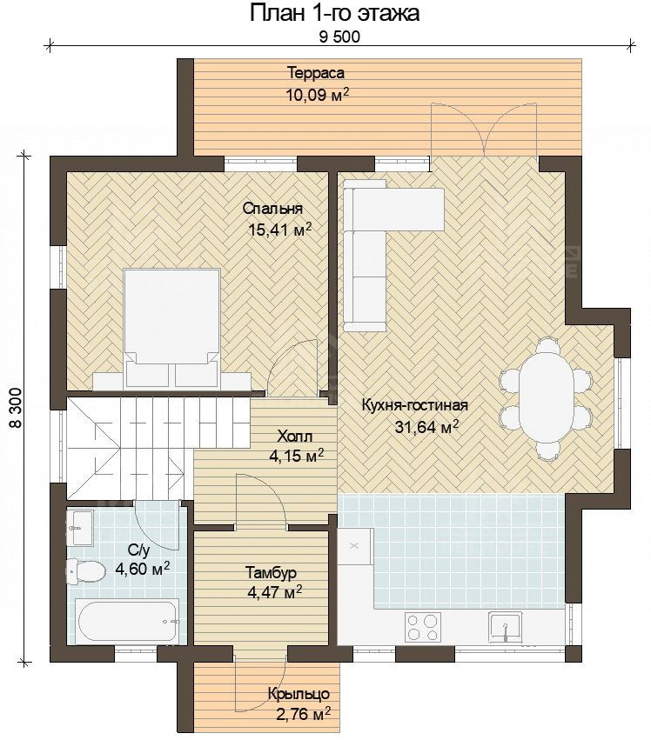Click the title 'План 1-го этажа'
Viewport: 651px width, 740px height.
pyautogui.click(x=334, y=13)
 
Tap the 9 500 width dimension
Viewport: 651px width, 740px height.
pyautogui.click(x=339, y=37)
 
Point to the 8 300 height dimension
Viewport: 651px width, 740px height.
pyautogui.click(x=15, y=408)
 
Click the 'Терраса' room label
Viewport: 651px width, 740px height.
pyautogui.click(x=316, y=73)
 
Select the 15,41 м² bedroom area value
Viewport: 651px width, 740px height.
pyautogui.click(x=279, y=230)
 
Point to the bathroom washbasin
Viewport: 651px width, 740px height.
pyautogui.click(x=79, y=527)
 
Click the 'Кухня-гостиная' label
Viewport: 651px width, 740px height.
pyautogui.click(x=415, y=405)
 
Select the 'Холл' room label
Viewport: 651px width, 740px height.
pyautogui.click(x=295, y=436)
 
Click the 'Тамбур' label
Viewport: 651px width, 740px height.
pyautogui.click(x=272, y=573)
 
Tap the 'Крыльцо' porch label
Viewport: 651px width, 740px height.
pyautogui.click(x=299, y=694)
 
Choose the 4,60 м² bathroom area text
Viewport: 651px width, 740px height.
pyautogui.click(x=143, y=569)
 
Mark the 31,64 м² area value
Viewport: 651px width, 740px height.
pyautogui.click(x=427, y=427)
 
